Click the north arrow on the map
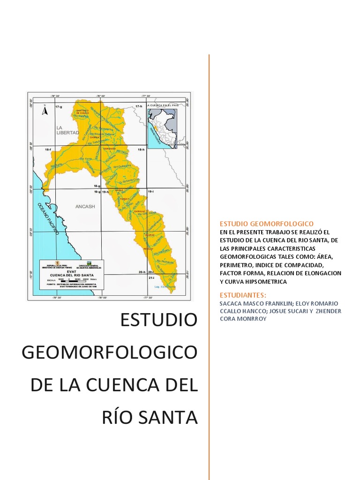click(x=45, y=111)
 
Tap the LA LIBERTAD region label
click(x=67, y=130)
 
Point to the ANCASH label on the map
click(x=85, y=206)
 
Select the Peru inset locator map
click(x=162, y=126)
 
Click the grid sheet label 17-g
click(x=59, y=107)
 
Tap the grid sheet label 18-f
click(x=48, y=149)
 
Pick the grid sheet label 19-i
click(x=151, y=192)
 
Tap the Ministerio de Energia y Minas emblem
click(x=57, y=264)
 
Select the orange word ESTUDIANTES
click(x=243, y=295)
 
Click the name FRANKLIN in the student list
click(x=278, y=303)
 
